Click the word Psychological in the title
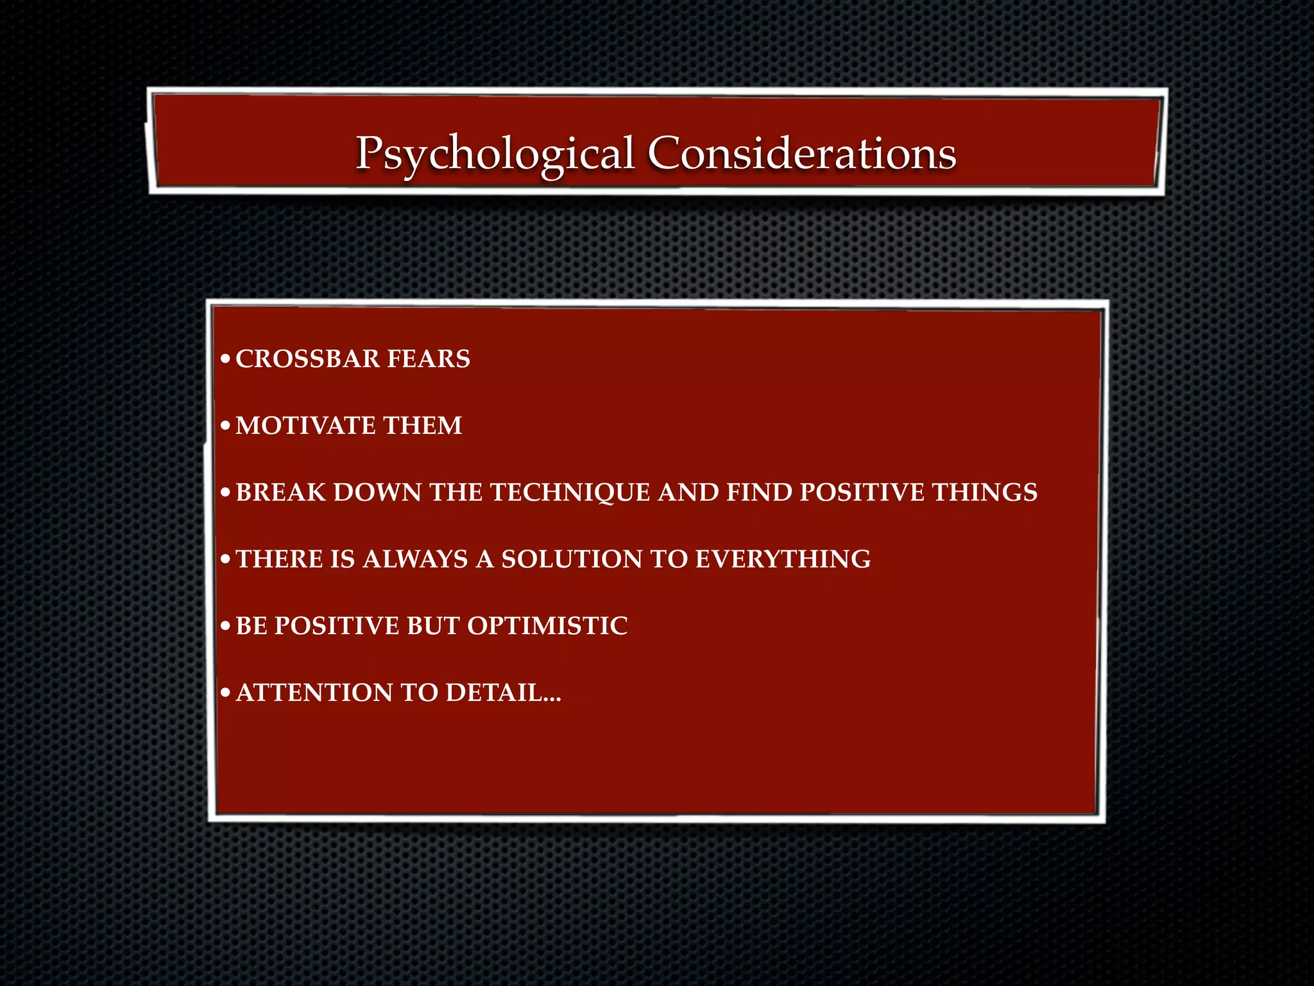pos(495,154)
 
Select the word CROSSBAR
pos(308,359)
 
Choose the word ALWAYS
pos(415,559)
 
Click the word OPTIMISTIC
pos(547,626)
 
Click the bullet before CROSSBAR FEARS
pos(225,359)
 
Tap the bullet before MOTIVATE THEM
pos(225,426)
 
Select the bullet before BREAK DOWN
pos(225,493)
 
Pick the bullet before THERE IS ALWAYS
pos(225,560)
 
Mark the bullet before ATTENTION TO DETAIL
pos(225,693)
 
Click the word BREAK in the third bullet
pos(281,492)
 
